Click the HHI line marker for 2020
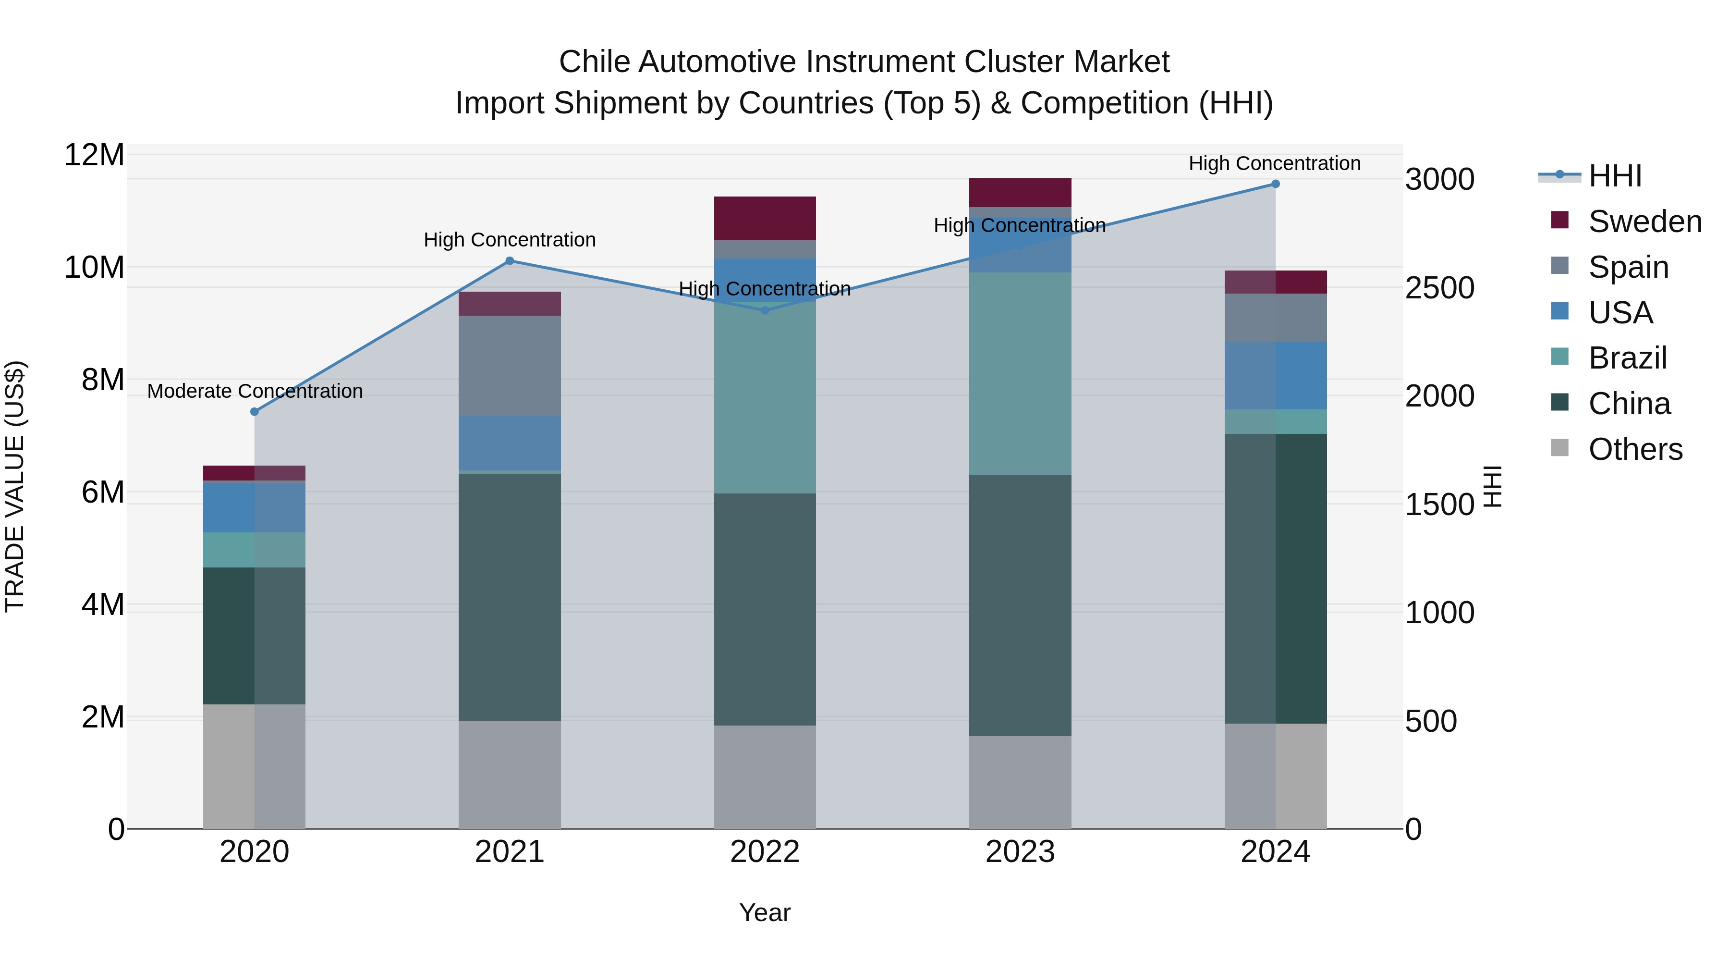(255, 412)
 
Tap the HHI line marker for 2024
(1275, 184)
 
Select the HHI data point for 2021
(510, 261)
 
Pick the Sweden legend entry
(1644, 222)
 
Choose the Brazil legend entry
(1627, 358)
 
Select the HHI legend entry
(1614, 176)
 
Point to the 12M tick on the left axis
(94, 155)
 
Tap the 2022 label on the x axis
(765, 852)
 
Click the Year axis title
(765, 912)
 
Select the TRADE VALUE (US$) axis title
(15, 486)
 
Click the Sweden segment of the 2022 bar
(765, 218)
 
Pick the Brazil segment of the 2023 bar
(1020, 373)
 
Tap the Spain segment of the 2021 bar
(510, 366)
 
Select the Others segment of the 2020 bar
(255, 766)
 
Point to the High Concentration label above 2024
(1275, 163)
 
